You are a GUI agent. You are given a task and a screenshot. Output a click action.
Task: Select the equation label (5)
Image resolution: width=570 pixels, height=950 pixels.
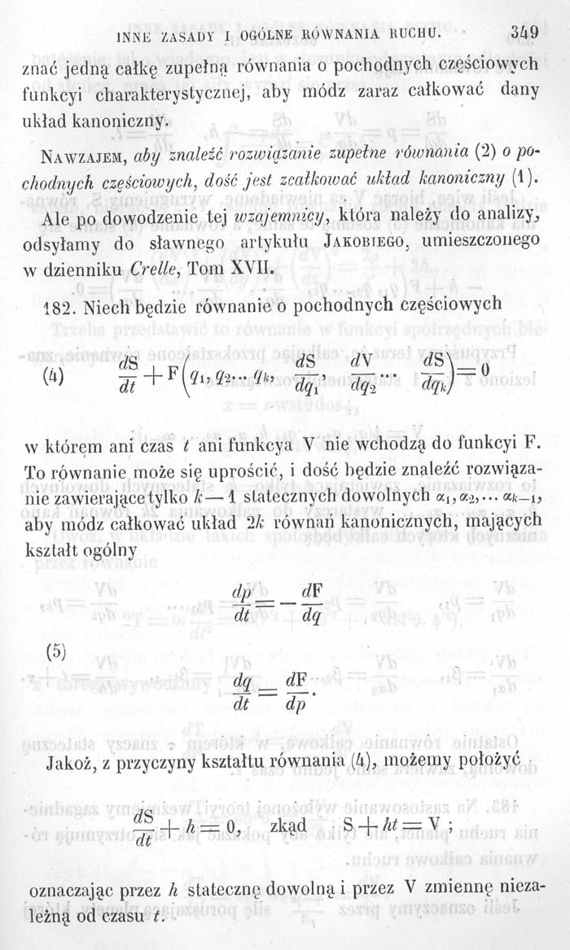click(54, 651)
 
